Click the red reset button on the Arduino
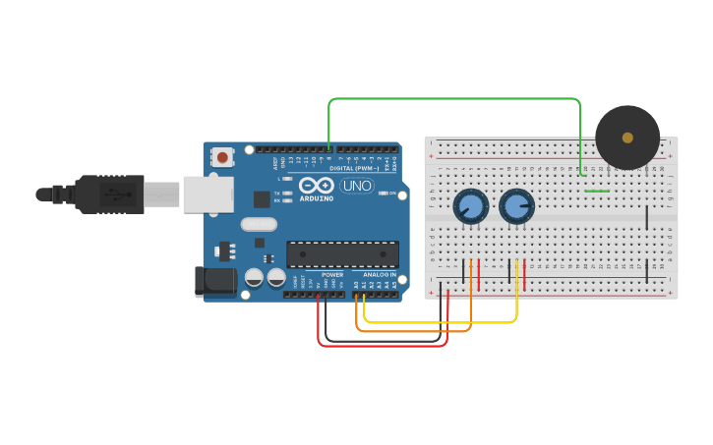coord(223,157)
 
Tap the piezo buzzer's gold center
coord(627,138)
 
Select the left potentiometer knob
coord(470,207)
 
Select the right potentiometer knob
coord(516,207)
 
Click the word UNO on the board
coord(356,186)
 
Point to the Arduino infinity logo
coord(317,186)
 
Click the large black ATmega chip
coord(342,254)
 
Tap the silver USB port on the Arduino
coord(206,195)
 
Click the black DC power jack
coord(214,282)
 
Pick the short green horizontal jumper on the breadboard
coord(597,191)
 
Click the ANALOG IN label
coord(379,274)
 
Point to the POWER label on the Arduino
coord(332,274)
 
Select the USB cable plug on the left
coord(108,195)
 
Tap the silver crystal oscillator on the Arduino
coord(260,242)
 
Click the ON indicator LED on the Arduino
coord(384,194)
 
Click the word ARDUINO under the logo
coord(317,198)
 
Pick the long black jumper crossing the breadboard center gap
coord(646,217)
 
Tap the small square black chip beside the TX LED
coord(262,199)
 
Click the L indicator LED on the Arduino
coord(287,179)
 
